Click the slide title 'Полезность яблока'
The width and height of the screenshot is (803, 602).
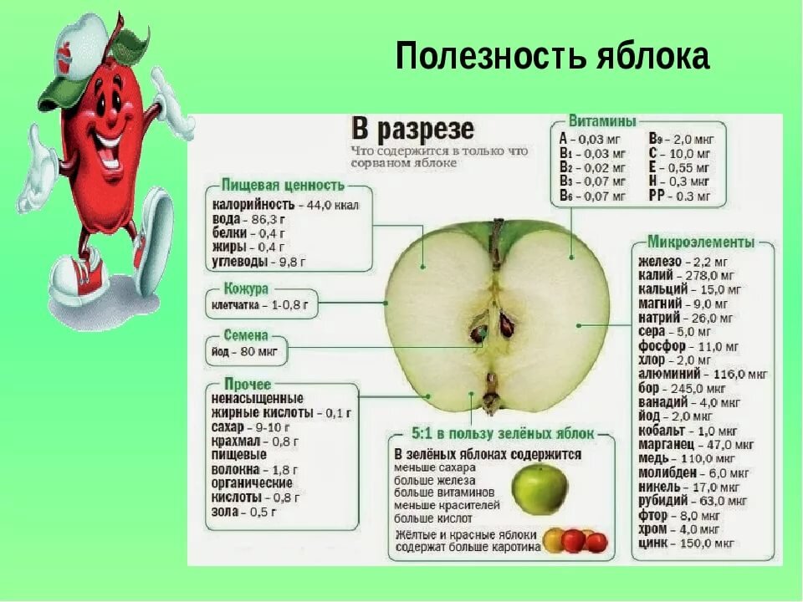(x=552, y=57)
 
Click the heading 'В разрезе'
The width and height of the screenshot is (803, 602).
(x=412, y=130)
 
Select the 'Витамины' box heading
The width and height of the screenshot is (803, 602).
(x=602, y=120)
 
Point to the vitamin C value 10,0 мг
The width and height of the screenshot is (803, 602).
(x=679, y=154)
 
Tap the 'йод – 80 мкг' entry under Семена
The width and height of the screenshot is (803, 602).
(x=246, y=352)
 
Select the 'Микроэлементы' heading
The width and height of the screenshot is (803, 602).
(x=701, y=242)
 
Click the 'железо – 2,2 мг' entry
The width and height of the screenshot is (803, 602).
(x=680, y=261)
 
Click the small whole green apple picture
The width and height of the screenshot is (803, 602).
(x=540, y=489)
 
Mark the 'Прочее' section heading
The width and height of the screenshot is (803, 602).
(x=248, y=385)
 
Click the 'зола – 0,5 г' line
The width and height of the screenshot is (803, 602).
(x=243, y=512)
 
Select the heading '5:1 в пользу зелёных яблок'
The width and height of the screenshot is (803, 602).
(x=503, y=434)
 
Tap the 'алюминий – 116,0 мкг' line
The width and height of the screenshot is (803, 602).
(x=702, y=374)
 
